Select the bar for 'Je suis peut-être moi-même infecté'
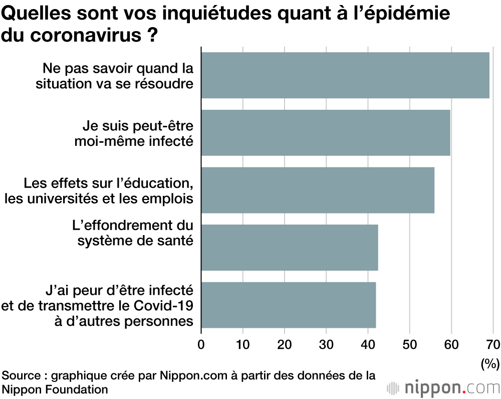coord(326,132)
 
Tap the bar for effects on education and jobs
coord(318,190)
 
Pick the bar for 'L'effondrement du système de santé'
coord(289,248)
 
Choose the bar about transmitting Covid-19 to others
coord(288,305)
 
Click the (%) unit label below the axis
coord(489,363)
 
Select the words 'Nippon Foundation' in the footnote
coord(55,389)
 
